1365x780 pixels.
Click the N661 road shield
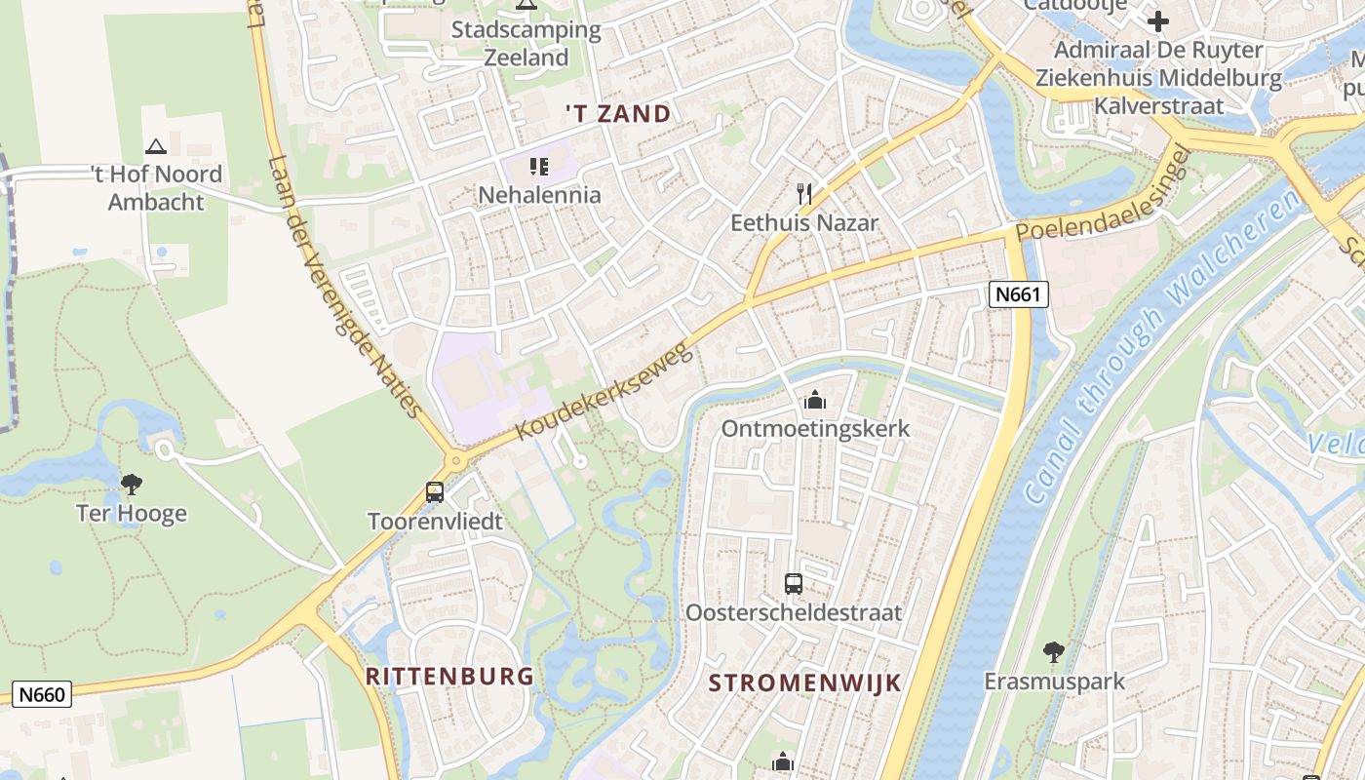(x=1018, y=294)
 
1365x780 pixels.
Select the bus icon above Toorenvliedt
(x=435, y=492)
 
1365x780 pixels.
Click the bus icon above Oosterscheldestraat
(x=794, y=584)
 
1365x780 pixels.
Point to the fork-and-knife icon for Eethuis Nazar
(x=804, y=193)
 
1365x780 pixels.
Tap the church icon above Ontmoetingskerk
(x=814, y=400)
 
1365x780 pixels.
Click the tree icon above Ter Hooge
(x=131, y=484)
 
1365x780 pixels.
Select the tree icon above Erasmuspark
(x=1053, y=651)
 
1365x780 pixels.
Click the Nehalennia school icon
(x=539, y=167)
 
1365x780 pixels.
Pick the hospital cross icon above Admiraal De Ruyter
(x=1158, y=20)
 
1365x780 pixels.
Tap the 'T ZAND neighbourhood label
(x=618, y=113)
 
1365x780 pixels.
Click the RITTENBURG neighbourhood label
(x=449, y=676)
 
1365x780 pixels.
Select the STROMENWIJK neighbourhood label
(x=804, y=682)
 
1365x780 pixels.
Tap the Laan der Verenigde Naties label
(x=346, y=288)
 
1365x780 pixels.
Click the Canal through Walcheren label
(x=1162, y=346)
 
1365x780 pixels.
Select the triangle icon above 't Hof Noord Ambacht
(x=155, y=146)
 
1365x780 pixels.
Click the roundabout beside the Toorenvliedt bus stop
(x=455, y=460)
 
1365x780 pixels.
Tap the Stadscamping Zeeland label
(x=526, y=43)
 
